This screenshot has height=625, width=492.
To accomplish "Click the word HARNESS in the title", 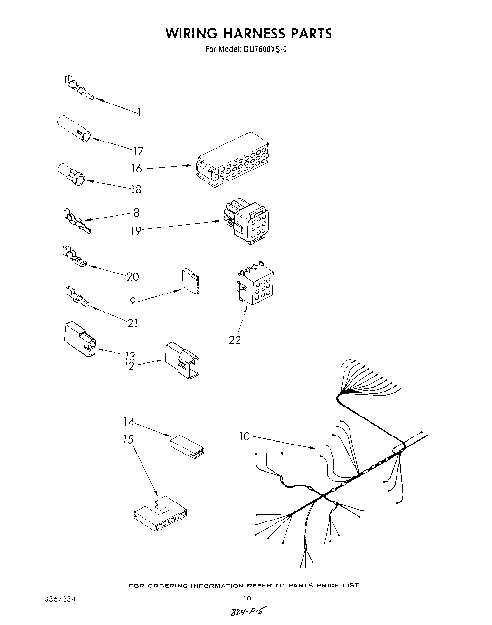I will pyautogui.click(x=249, y=33).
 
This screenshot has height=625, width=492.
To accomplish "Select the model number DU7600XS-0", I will pyautogui.click(x=260, y=49).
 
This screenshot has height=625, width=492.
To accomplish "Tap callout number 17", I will pyautogui.click(x=138, y=152).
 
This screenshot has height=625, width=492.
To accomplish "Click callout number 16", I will pyautogui.click(x=137, y=169).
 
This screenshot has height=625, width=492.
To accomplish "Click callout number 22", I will pyautogui.click(x=235, y=340).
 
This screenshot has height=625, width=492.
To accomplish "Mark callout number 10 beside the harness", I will pyautogui.click(x=245, y=436).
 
